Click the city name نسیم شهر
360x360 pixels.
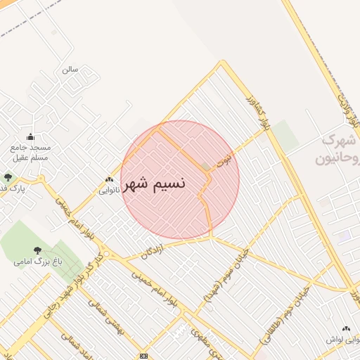pyautogui.click(x=155, y=184)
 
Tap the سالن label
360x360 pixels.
pyautogui.click(x=69, y=70)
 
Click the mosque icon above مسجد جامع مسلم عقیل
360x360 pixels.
pyautogui.click(x=30, y=136)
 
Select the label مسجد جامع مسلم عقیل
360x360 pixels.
pyautogui.click(x=30, y=153)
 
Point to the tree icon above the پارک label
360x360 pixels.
pyautogui.click(x=8, y=177)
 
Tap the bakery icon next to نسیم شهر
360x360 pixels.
pyautogui.click(x=108, y=179)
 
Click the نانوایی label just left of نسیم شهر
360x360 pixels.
pyautogui.click(x=109, y=190)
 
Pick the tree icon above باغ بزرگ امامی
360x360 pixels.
pyautogui.click(x=37, y=250)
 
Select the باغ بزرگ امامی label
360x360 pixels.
pyautogui.click(x=33, y=262)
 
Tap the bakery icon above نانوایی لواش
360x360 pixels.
pyautogui.click(x=345, y=328)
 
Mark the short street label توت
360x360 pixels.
pyautogui.click(x=223, y=160)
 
